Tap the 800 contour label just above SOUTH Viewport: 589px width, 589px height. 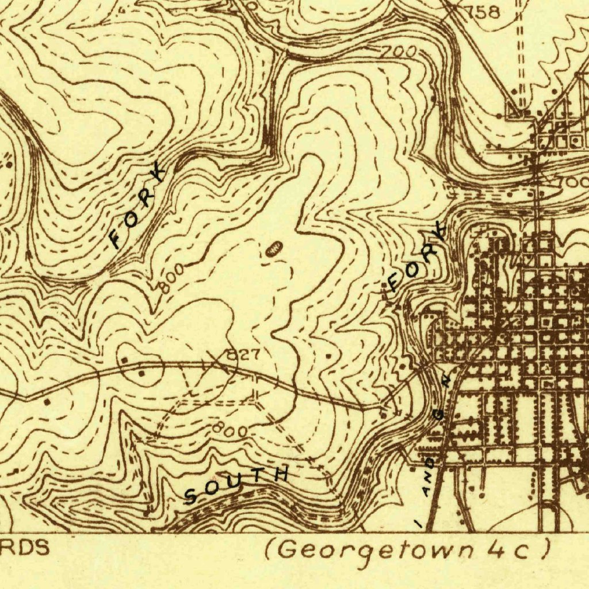230,429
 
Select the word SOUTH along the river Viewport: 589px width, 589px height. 236,484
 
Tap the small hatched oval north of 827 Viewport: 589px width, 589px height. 273,248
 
